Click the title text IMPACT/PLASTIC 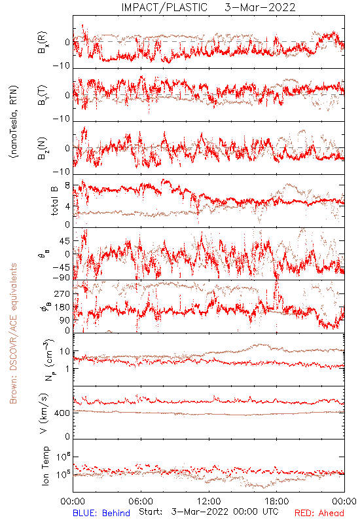[x=164, y=7]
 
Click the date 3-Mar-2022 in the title [x=260, y=7]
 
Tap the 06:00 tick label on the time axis [x=141, y=501]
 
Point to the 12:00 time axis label [x=209, y=501]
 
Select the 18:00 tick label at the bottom [x=276, y=501]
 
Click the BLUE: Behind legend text [x=101, y=513]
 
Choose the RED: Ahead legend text [x=319, y=513]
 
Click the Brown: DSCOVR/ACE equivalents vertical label [x=13, y=333]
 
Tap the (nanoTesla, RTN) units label [x=14, y=121]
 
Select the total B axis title [x=54, y=200]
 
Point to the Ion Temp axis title [x=45, y=466]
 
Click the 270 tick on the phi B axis [x=63, y=294]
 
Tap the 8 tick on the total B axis [x=67, y=185]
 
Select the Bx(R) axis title [x=43, y=42]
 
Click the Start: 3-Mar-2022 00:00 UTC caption [x=208, y=512]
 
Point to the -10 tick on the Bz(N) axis [x=62, y=172]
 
